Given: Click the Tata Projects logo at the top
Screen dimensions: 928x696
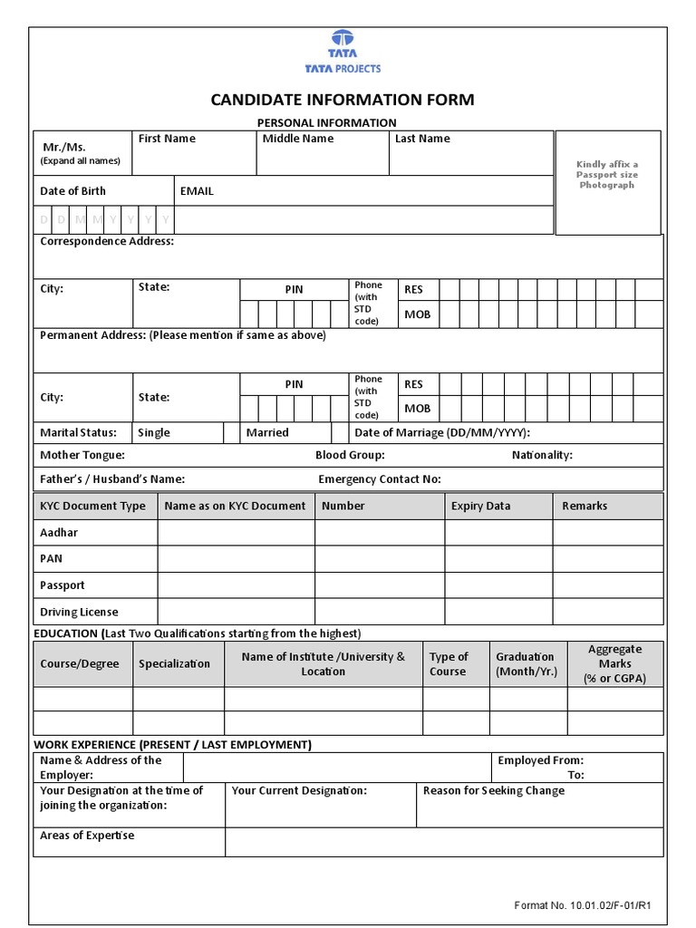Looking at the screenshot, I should [343, 53].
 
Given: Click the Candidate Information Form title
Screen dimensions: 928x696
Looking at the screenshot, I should [343, 100].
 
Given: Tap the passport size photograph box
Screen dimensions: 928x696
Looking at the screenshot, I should [607, 181].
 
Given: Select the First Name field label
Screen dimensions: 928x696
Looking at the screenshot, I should [167, 139].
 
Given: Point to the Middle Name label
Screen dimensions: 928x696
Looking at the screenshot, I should [298, 139].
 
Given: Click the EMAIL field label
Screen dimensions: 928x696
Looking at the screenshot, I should [197, 191].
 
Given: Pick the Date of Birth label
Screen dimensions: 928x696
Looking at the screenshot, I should [72, 191].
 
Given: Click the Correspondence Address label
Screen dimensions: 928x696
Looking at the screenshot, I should [107, 242].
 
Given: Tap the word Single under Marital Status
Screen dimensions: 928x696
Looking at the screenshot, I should [154, 432].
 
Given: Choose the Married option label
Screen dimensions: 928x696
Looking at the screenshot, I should [267, 432].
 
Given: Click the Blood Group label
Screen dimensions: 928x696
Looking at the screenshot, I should [350, 455].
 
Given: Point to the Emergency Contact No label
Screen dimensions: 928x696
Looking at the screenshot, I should [380, 479].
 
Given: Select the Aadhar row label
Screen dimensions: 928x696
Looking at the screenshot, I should [59, 533].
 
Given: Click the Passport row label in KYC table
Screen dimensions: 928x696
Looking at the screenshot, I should [63, 585].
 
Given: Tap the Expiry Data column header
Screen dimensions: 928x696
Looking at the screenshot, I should [480, 506].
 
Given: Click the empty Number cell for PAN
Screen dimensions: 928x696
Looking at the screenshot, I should [380, 559].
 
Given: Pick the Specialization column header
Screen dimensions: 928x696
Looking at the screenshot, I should [175, 663].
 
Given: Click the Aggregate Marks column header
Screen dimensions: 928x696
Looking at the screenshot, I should [615, 663].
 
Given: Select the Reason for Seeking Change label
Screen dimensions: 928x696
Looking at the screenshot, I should [494, 790].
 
